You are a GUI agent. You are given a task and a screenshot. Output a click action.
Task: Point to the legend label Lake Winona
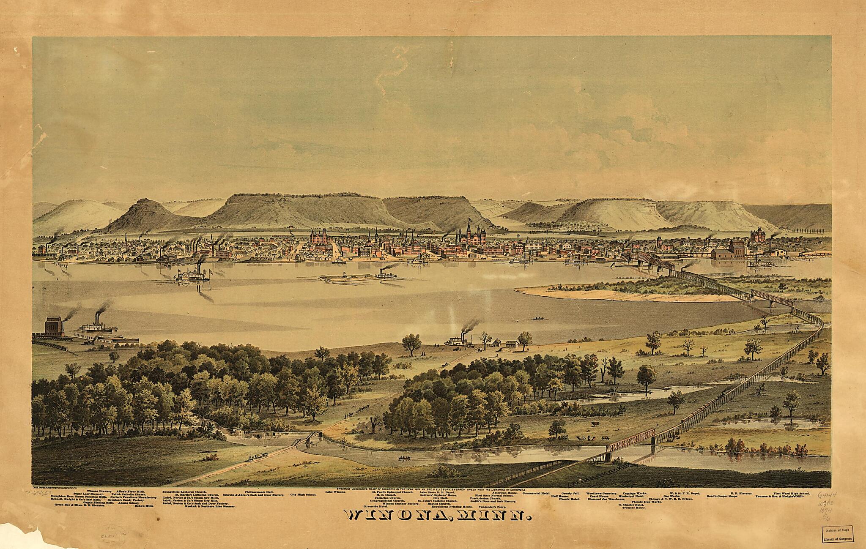[336, 492]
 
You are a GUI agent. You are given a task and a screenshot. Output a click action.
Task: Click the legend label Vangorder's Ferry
[492, 506]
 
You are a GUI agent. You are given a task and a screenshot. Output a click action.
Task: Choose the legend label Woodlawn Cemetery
[601, 493]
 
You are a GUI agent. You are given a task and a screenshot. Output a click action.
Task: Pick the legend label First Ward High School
[791, 493]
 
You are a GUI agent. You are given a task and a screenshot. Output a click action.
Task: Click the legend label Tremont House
[633, 508]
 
